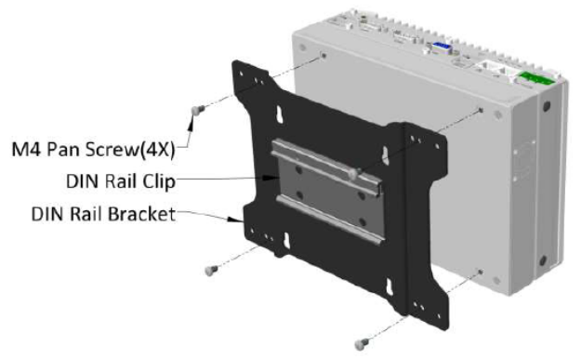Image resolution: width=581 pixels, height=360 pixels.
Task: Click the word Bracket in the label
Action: point(143,214)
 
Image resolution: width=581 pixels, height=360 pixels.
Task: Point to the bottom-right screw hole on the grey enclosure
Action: point(480,272)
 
